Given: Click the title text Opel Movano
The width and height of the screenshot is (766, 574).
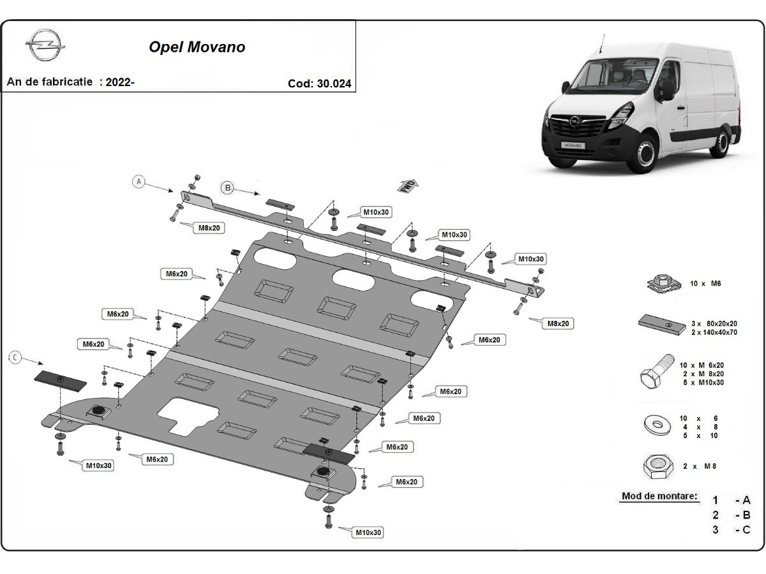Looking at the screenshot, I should click(197, 48).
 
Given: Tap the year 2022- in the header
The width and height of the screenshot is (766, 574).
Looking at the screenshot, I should click(121, 82).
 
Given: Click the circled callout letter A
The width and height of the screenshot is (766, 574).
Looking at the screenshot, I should click(138, 182).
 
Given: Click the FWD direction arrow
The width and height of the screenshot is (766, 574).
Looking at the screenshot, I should click(408, 186).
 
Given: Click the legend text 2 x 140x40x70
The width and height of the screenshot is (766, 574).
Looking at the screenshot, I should click(714, 332).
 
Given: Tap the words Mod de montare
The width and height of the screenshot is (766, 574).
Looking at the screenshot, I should click(659, 496).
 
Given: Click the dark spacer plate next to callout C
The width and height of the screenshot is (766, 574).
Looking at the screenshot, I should click(60, 381).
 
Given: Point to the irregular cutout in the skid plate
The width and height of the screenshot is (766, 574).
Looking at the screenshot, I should click(189, 414).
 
